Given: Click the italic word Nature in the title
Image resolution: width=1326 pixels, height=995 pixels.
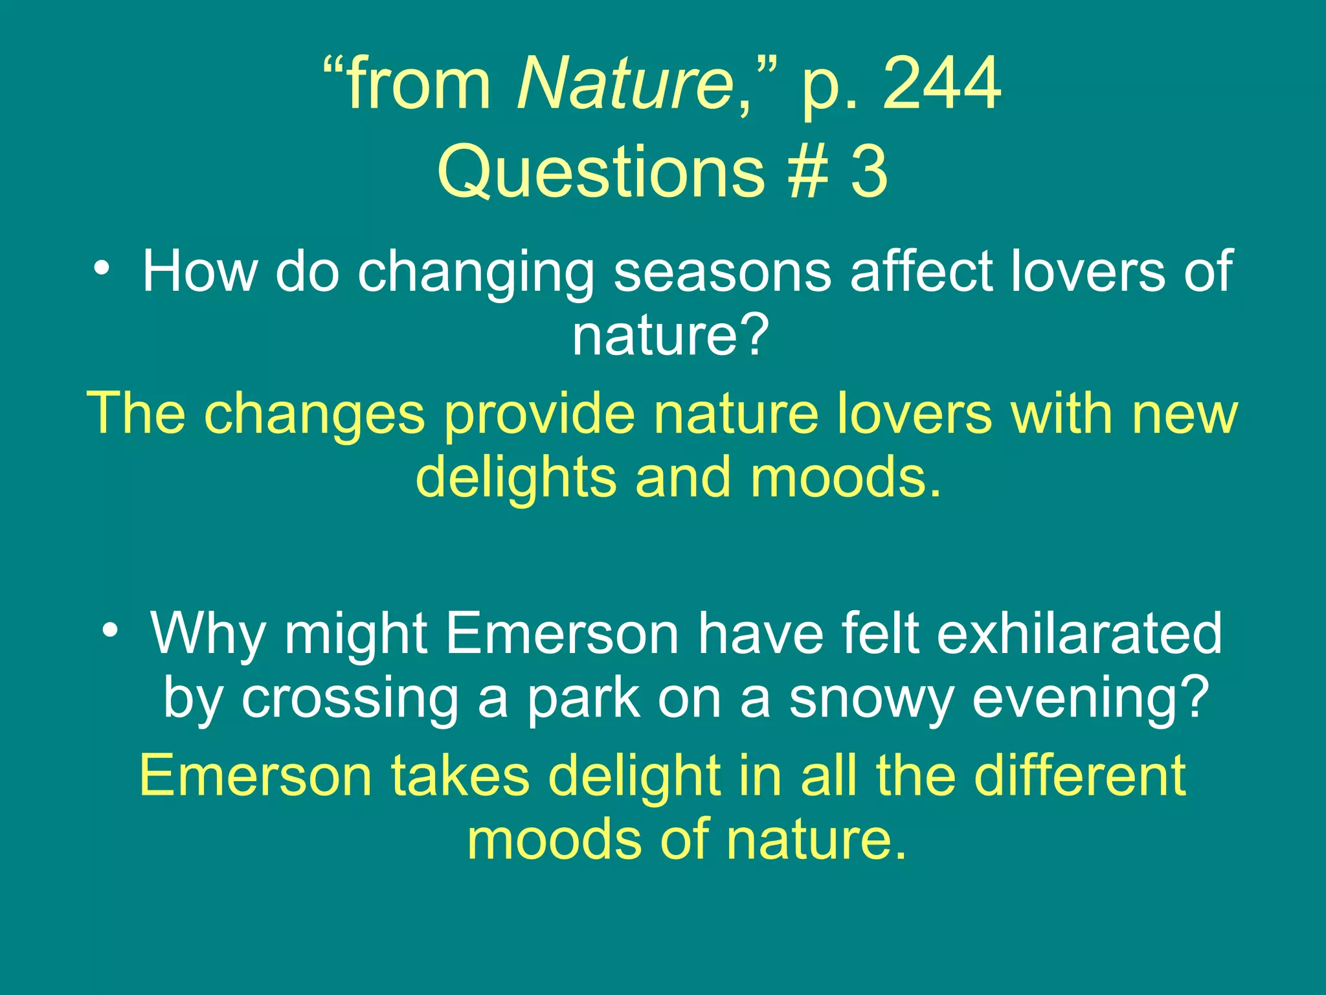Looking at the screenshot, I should pyautogui.click(x=625, y=84).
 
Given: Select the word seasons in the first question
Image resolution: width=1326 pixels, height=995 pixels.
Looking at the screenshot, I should pyautogui.click(x=723, y=272).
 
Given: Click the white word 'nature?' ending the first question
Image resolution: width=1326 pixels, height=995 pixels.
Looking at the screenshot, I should pyautogui.click(x=670, y=337).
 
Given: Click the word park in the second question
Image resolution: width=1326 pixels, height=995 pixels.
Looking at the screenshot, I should pyautogui.click(x=583, y=700).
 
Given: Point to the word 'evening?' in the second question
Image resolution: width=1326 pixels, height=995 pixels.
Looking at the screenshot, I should pyautogui.click(x=1090, y=700).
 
